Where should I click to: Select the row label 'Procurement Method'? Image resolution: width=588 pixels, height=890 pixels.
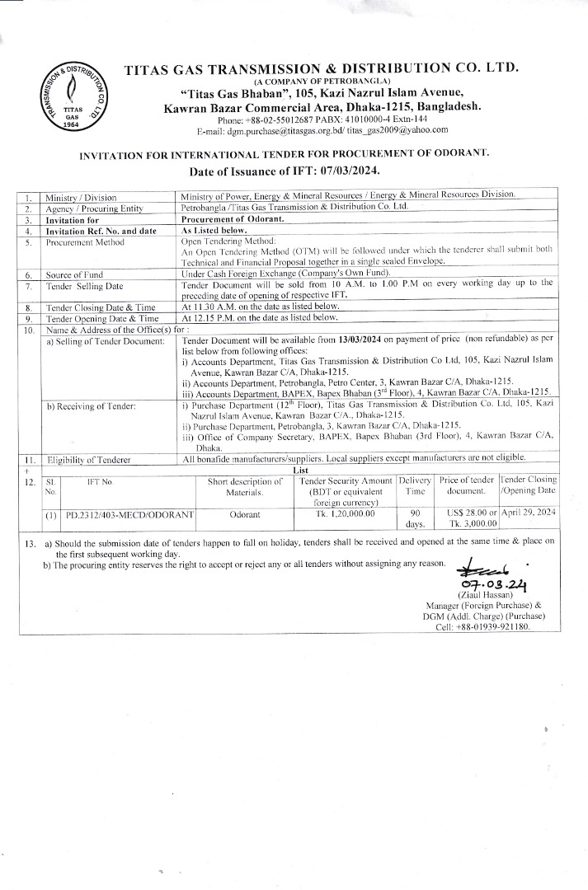pyautogui.click(x=86, y=243)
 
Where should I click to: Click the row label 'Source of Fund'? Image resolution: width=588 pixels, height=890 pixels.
pyautogui.click(x=75, y=273)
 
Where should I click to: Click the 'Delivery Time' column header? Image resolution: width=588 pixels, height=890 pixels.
pyautogui.click(x=415, y=486)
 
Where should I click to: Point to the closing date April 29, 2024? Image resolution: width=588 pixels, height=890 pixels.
pyautogui.click(x=529, y=513)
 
